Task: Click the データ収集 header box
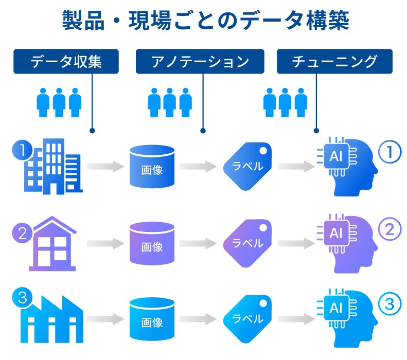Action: pos(66,62)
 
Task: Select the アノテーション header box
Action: pos(200,62)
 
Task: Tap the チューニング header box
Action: pos(334,62)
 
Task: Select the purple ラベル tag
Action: pos(247,243)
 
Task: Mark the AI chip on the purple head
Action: pos(335,232)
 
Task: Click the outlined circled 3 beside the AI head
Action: pos(390,304)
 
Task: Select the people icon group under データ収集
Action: pos(59,102)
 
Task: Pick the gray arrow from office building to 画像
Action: pos(105,166)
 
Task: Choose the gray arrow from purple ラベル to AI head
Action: pos(296,243)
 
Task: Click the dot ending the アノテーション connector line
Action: pos(203,131)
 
